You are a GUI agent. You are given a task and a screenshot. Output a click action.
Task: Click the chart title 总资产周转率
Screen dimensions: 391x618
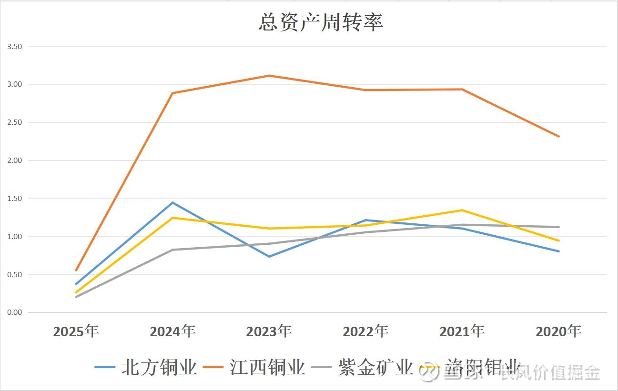pyautogui.click(x=321, y=22)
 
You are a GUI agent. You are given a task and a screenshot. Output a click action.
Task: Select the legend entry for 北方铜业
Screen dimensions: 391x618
pyautogui.click(x=145, y=367)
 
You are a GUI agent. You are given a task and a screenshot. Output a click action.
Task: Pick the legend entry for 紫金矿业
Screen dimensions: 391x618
pyautogui.click(x=362, y=367)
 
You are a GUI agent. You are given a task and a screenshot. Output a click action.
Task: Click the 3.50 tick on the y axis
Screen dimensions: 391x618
pyautogui.click(x=15, y=47)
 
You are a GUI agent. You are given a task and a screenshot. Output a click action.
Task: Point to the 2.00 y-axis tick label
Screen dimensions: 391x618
pyautogui.click(x=15, y=160)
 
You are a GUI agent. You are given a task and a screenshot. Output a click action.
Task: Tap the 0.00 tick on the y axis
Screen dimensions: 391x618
pyautogui.click(x=15, y=312)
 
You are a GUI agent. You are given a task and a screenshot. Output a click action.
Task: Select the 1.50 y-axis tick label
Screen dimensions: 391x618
pyautogui.click(x=15, y=199)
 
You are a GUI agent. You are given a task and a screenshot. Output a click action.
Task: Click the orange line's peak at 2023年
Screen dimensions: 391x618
pyautogui.click(x=269, y=76)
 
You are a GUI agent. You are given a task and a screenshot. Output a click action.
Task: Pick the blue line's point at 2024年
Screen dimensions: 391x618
pyautogui.click(x=172, y=202)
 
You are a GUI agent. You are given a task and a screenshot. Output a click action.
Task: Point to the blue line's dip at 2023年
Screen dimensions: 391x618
pyautogui.click(x=269, y=257)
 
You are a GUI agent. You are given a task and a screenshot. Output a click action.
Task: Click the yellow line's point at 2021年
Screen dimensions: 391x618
pyautogui.click(x=462, y=210)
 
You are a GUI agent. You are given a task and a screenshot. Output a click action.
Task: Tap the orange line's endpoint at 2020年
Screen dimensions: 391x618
pyautogui.click(x=559, y=137)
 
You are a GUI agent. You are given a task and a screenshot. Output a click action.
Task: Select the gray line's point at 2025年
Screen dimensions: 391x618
pyautogui.click(x=76, y=297)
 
